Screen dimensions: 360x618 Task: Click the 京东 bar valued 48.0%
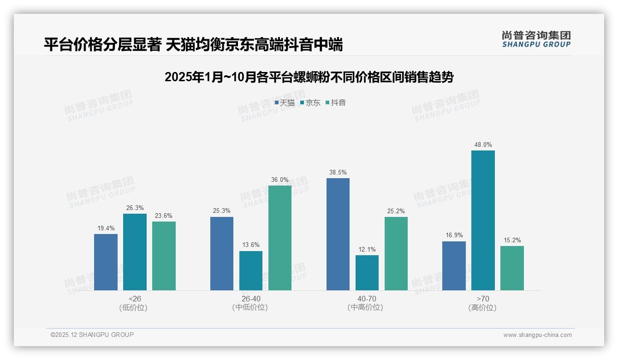(483, 220)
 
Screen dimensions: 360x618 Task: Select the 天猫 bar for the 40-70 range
(338, 234)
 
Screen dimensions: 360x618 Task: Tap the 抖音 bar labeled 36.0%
(280, 238)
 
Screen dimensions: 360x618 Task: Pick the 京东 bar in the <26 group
(135, 252)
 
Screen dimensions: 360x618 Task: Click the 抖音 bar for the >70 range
(512, 268)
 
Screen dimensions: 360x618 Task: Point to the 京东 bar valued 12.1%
(367, 273)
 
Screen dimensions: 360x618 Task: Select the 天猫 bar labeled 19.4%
(106, 262)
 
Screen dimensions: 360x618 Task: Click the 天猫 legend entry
(285, 103)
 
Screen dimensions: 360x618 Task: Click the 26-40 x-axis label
(250, 299)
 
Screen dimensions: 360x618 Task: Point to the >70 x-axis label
(483, 299)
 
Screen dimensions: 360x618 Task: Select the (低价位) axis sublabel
(133, 308)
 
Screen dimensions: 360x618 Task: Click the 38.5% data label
(338, 173)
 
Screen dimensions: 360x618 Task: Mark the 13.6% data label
(250, 245)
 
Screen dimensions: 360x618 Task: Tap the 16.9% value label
(454, 235)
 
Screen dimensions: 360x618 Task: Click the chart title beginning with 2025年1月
(309, 77)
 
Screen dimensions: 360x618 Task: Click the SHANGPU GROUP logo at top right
(536, 39)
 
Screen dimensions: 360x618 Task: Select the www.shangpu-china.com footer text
(537, 335)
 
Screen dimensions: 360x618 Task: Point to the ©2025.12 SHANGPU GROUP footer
(92, 335)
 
